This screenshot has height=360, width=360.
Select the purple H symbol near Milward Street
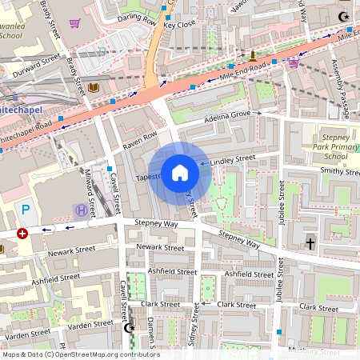click(x=80, y=210)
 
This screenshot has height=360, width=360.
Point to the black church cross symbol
click(x=310, y=242)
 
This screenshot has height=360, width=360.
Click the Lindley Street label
click(x=233, y=160)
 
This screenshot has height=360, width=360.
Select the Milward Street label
click(x=88, y=192)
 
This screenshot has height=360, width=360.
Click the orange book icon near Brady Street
click(x=94, y=86)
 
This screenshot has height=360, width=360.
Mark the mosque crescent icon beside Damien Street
click(x=130, y=328)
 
